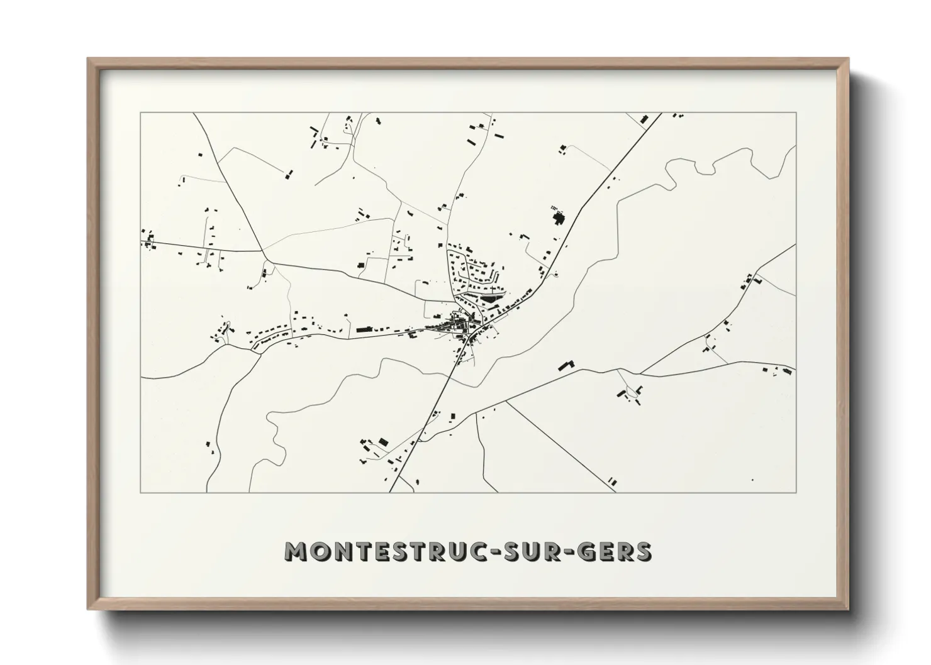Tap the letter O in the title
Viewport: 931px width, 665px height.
click(317, 551)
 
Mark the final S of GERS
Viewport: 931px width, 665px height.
click(643, 551)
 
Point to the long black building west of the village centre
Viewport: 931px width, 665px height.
click(365, 328)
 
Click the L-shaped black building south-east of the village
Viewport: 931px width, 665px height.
click(567, 365)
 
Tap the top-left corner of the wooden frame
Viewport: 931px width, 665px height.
click(89, 60)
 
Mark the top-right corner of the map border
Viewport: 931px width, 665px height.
click(796, 113)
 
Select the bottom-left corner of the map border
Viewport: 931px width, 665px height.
click(141, 492)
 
